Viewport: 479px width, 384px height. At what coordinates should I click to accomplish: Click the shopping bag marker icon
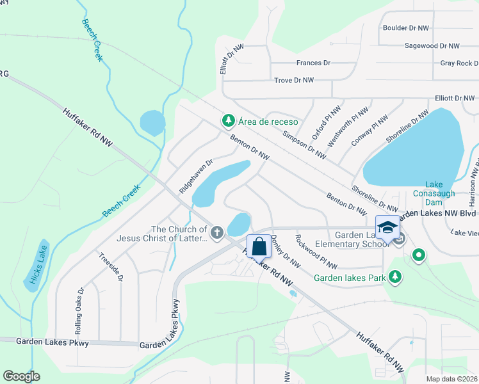tap(259, 246)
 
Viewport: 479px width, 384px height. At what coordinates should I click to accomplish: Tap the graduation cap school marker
tap(387, 227)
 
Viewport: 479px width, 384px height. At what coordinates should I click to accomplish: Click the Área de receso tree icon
tap(227, 120)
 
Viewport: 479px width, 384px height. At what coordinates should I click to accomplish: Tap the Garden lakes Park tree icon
tap(396, 277)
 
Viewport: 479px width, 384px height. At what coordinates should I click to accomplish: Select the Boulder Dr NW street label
tap(408, 28)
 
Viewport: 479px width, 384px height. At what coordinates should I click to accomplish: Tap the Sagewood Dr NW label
tap(432, 46)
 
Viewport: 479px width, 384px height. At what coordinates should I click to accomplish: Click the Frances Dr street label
tap(313, 63)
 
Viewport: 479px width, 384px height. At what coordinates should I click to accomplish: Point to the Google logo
tap(21, 376)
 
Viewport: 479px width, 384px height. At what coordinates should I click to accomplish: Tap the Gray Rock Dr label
tap(459, 63)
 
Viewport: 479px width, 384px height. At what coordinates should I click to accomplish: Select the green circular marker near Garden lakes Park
tap(419, 256)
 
